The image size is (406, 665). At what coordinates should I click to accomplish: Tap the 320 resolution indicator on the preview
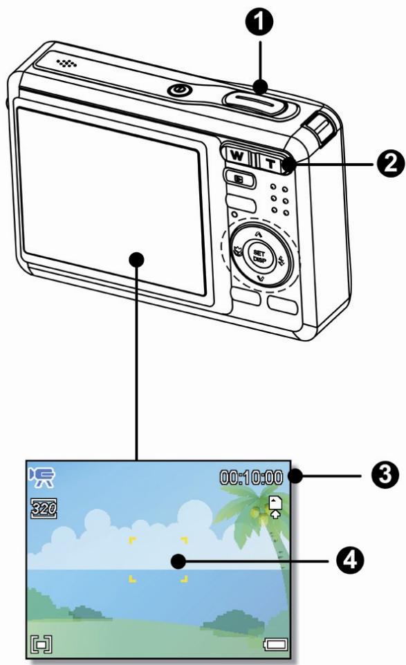point(39,509)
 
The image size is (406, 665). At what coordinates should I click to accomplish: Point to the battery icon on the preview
point(275,645)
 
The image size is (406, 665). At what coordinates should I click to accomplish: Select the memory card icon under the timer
point(276,508)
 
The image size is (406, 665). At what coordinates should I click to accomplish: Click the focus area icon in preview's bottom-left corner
point(39,644)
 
